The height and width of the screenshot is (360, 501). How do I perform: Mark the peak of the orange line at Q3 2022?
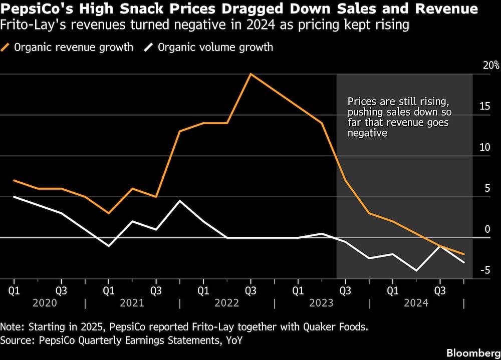[250, 74]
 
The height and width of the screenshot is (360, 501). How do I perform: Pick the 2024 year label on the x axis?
[416, 303]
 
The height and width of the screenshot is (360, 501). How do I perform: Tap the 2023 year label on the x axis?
[321, 303]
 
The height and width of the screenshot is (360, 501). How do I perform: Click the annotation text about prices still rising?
[399, 117]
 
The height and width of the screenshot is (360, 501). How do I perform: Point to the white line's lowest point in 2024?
[416, 271]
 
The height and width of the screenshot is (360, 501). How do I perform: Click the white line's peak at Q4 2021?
[179, 201]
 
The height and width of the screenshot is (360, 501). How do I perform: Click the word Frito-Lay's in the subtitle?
[31, 25]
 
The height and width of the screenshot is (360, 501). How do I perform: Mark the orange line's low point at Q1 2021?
[108, 213]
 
